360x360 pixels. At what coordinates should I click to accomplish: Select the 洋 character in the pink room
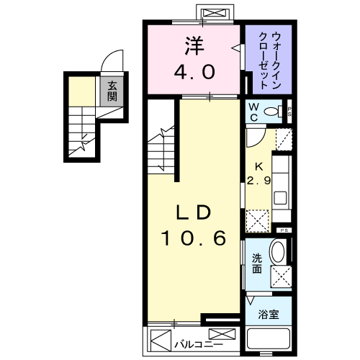point(193,45)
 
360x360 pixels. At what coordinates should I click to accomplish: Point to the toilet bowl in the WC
point(272,112)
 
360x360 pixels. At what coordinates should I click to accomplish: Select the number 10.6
point(193,238)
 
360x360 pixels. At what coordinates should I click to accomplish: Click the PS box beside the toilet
point(289,111)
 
